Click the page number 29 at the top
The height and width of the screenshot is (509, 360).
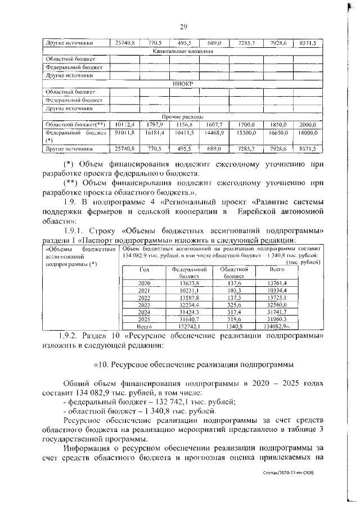point(183,27)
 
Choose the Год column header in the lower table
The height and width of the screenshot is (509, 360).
point(144,270)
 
